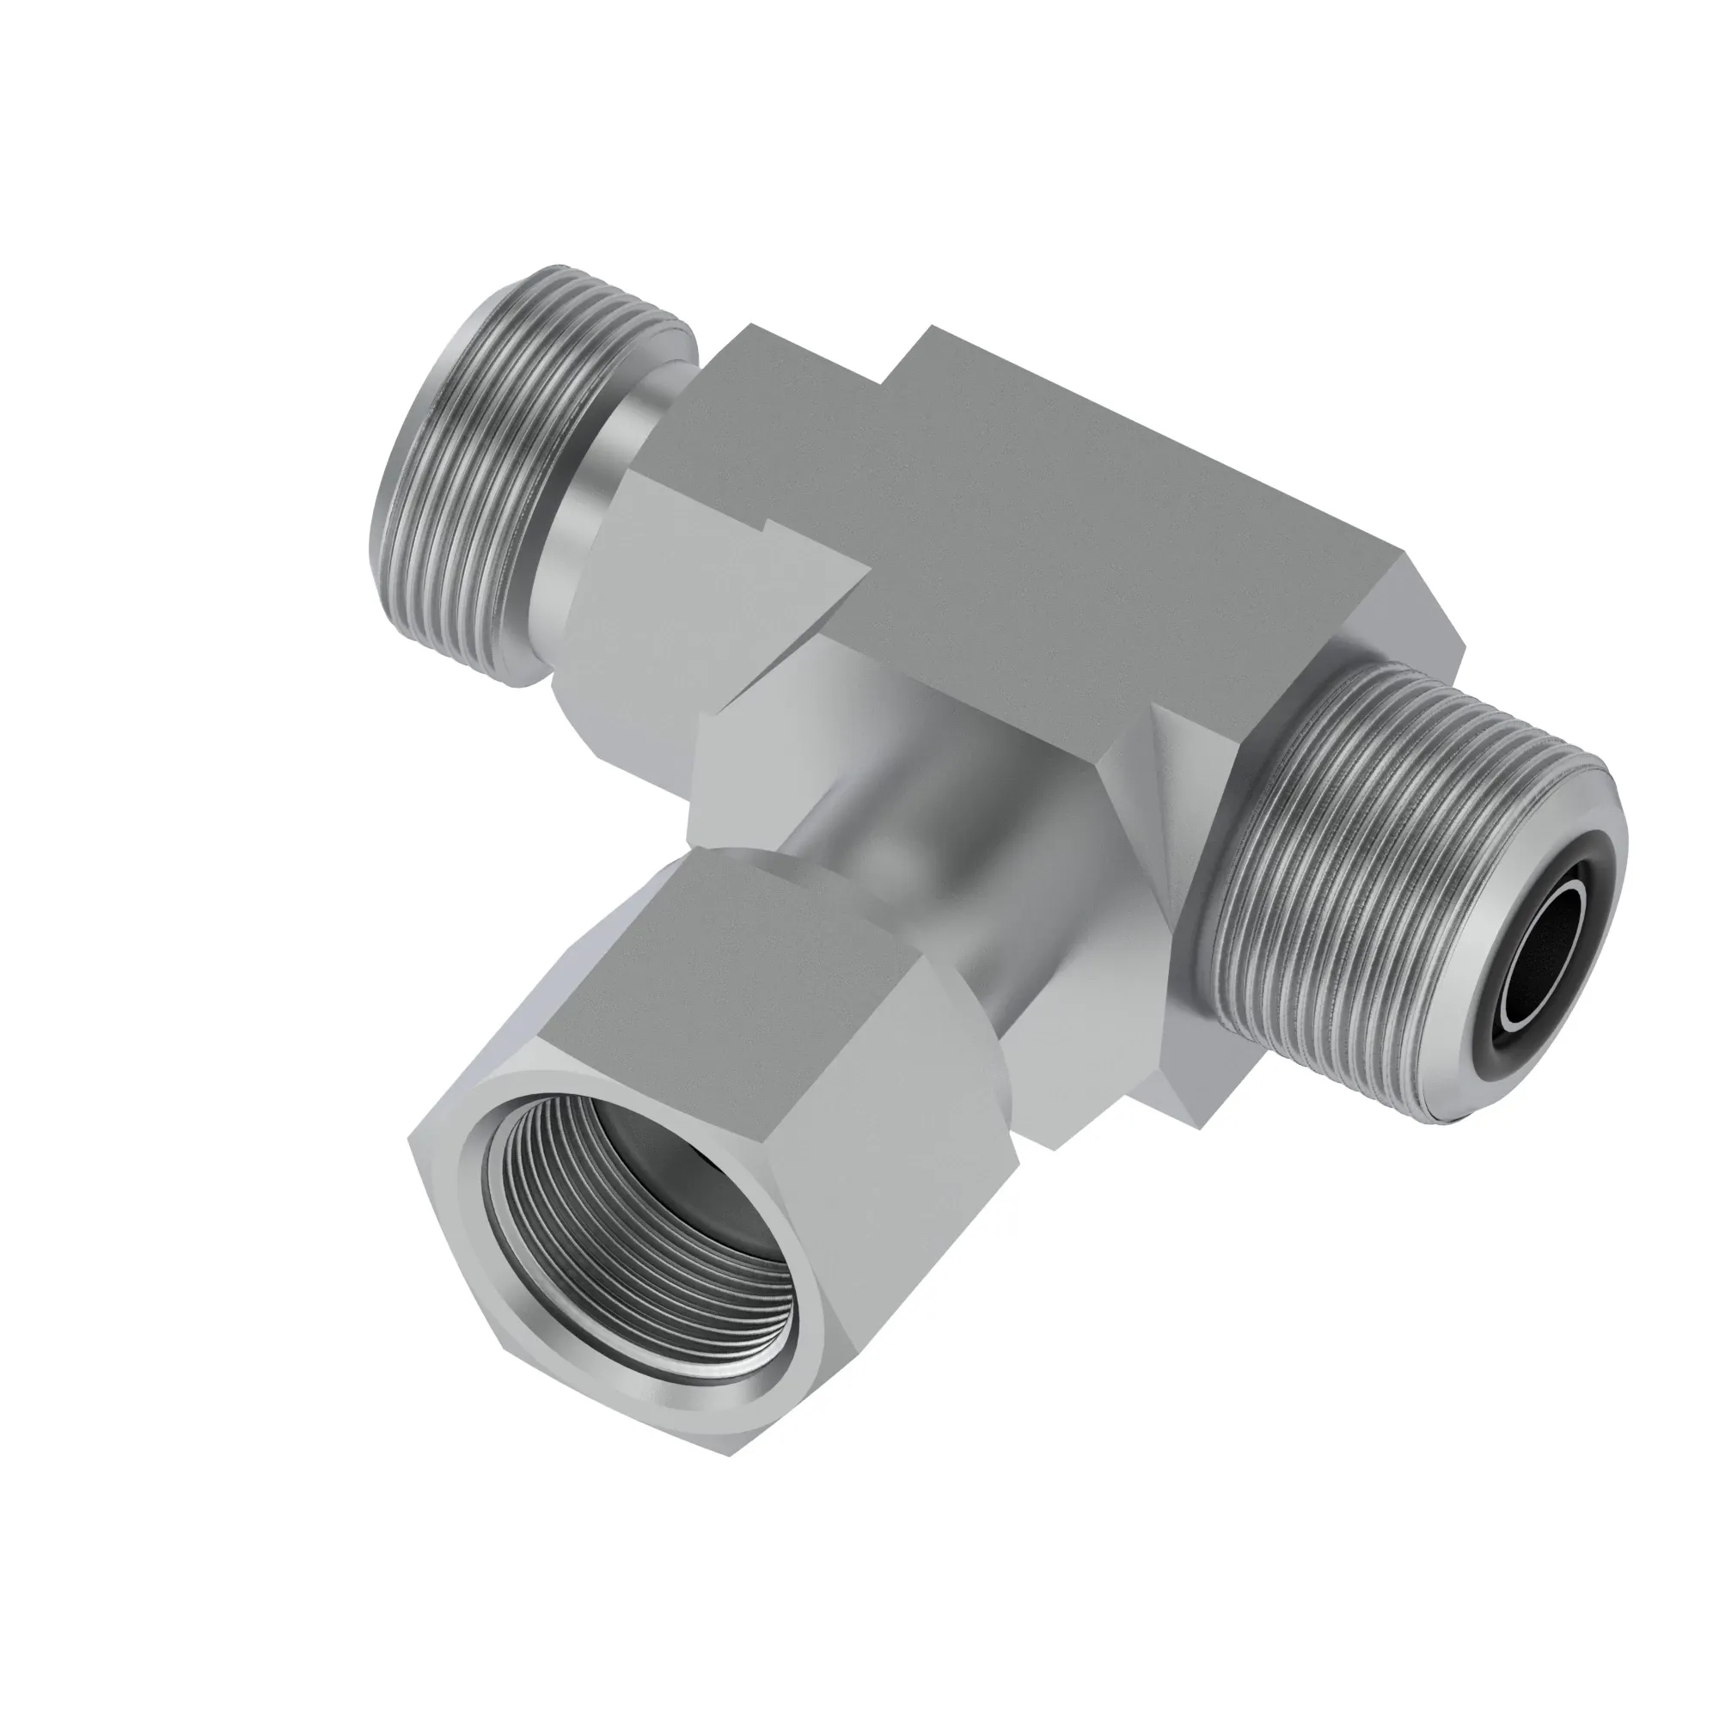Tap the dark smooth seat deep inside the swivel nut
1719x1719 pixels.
coord(676,1184)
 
